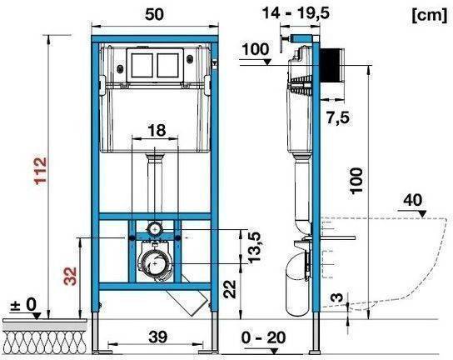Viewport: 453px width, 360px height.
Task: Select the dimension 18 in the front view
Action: point(157,130)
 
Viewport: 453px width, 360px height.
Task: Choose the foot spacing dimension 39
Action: point(155,337)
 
